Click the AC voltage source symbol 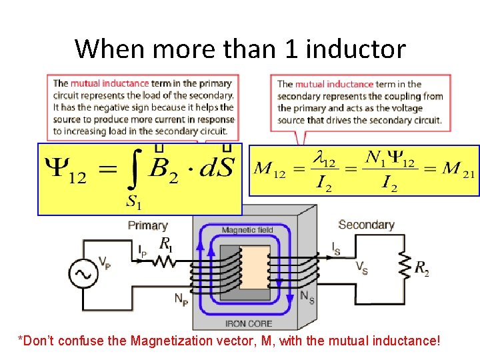pos(84,274)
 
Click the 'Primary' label pos(147,225)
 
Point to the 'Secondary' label pos(366,225)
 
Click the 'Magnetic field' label pos(248,230)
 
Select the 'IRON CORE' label pos(248,324)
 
